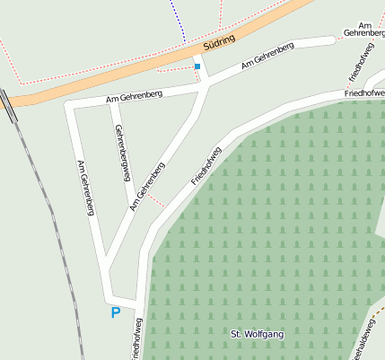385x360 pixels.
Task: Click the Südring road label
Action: pos(219,41)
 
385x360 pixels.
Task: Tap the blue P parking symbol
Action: pos(115,312)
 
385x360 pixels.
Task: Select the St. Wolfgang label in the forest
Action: pos(258,334)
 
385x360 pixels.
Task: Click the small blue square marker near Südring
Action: pos(197,66)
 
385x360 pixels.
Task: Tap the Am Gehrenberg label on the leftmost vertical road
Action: pos(86,188)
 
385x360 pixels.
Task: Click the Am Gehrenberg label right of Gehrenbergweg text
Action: pos(147,187)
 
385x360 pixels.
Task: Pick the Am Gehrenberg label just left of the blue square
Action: pos(134,94)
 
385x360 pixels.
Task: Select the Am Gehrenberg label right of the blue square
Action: pos(267,56)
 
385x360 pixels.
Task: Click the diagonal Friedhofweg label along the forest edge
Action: pos(206,165)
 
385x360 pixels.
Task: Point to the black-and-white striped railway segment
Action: pos(8,106)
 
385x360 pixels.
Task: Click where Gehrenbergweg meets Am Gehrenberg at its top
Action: pos(111,101)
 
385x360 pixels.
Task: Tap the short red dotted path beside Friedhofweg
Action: pos(155,198)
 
